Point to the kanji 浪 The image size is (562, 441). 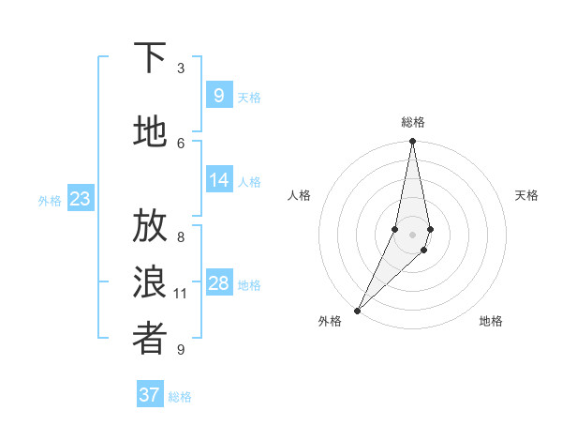(x=150, y=282)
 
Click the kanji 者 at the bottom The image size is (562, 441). (x=150, y=340)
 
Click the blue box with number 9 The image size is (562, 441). (x=218, y=95)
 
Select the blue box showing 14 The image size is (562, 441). (x=218, y=180)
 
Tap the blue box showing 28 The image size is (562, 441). (x=218, y=284)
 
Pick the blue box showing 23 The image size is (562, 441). (x=80, y=198)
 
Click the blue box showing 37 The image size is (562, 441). (x=149, y=395)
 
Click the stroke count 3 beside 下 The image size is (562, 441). (x=181, y=68)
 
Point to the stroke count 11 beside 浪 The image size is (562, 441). (x=181, y=294)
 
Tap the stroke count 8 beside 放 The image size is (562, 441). (x=181, y=237)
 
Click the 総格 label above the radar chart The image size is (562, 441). (x=413, y=122)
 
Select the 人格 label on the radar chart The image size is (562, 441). (x=300, y=195)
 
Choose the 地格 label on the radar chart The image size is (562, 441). (x=491, y=321)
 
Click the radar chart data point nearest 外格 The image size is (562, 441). (x=357, y=311)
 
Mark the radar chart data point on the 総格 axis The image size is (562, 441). (x=413, y=142)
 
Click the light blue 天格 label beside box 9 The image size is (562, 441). (x=249, y=97)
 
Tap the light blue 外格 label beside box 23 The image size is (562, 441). (x=50, y=200)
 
